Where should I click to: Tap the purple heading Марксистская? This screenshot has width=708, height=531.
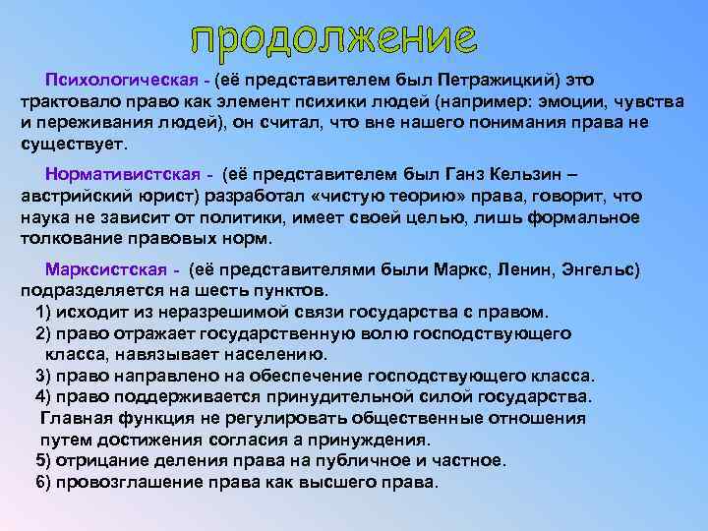(x=97, y=269)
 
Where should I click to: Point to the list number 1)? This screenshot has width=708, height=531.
(x=43, y=313)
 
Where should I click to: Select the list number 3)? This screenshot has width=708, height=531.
(x=43, y=376)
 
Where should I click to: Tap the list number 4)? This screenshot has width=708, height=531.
(x=43, y=396)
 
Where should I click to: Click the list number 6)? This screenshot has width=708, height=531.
(x=43, y=482)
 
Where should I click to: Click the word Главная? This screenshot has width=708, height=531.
(x=74, y=418)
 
